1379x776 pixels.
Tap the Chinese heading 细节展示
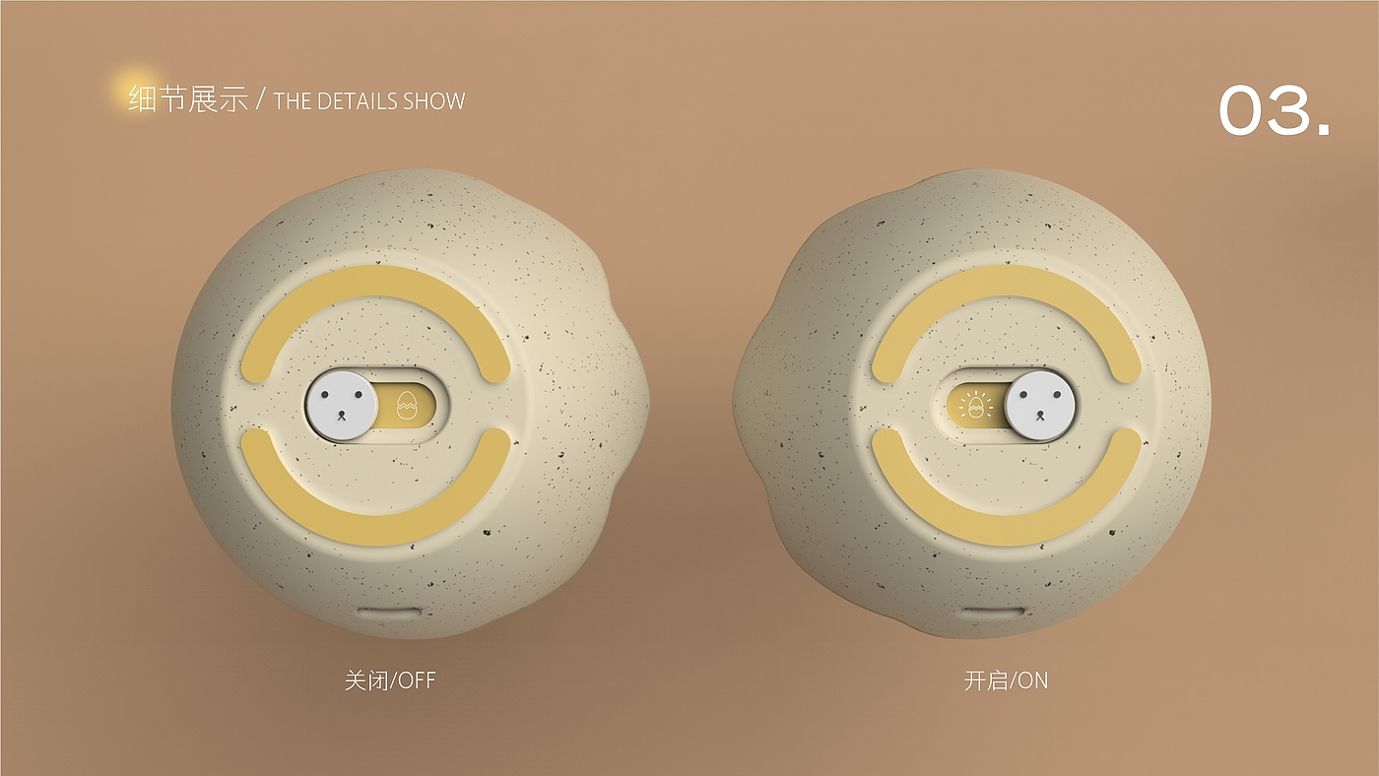tap(188, 99)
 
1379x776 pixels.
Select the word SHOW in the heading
tap(432, 101)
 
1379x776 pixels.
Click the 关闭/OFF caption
tap(390, 680)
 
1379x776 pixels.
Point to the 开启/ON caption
tap(1006, 680)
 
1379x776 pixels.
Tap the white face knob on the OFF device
tap(342, 406)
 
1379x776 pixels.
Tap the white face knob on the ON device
tap(1040, 406)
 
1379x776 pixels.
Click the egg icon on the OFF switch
tap(406, 406)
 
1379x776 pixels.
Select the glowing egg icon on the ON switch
tap(976, 406)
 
